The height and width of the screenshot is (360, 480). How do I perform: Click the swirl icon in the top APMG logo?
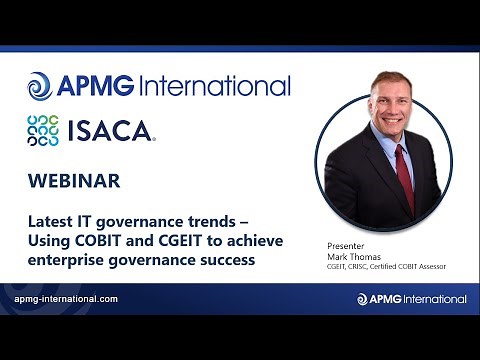pyautogui.click(x=39, y=86)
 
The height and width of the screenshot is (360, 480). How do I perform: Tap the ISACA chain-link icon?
pyautogui.click(x=43, y=131)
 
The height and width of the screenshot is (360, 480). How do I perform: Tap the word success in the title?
pyautogui.click(x=228, y=260)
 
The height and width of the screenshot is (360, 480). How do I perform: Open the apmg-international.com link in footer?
pyautogui.click(x=67, y=299)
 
